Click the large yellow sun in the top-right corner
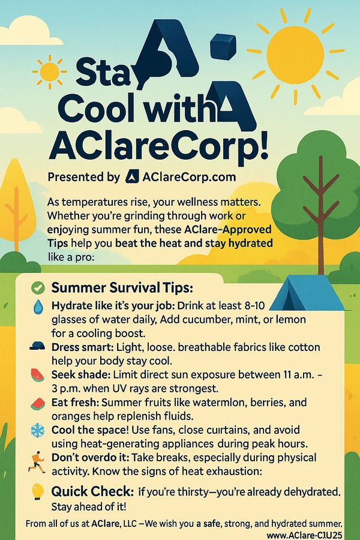click(x=295, y=55)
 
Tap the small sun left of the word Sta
click(x=50, y=71)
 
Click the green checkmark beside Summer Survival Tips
click(x=38, y=288)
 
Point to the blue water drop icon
click(x=38, y=307)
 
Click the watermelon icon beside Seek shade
click(x=37, y=374)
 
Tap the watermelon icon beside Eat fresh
click(x=38, y=403)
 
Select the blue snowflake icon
click(x=38, y=430)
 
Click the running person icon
click(x=37, y=462)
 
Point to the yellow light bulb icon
click(x=37, y=491)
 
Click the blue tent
click(x=307, y=293)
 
